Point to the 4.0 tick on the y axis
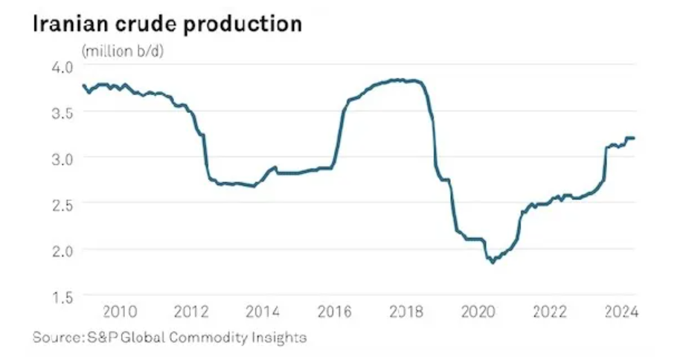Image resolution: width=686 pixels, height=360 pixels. pos(62,66)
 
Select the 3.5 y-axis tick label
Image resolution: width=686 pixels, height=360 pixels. pos(62,112)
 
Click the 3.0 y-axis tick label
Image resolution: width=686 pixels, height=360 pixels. pos(62,158)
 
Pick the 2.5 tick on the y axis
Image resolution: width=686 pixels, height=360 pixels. pos(62,203)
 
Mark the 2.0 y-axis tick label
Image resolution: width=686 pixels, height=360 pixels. pos(62,249)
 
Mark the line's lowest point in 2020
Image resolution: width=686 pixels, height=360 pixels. pos(493,262)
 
